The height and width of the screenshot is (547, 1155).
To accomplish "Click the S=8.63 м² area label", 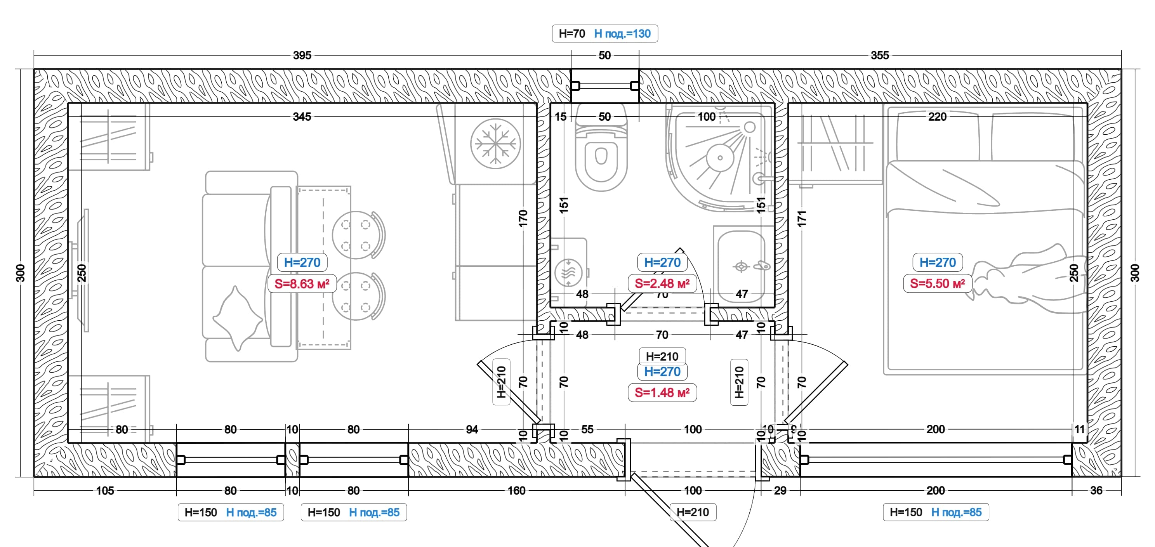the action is [x=302, y=284].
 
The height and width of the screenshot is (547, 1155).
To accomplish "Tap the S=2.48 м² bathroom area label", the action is [x=662, y=283].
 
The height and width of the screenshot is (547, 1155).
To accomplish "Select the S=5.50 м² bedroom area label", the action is [x=938, y=283].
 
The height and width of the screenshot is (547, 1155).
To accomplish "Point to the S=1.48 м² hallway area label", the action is [x=662, y=393].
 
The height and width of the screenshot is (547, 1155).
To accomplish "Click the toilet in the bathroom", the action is [x=601, y=148].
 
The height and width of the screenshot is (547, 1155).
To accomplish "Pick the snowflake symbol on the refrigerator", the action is [x=495, y=144].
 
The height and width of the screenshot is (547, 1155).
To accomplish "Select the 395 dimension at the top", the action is [x=302, y=55].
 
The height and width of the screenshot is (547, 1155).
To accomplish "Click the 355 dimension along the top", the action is [x=880, y=55].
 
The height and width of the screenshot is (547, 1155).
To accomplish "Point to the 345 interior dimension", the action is [x=302, y=116].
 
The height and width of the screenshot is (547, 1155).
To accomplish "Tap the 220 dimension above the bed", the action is [x=937, y=116].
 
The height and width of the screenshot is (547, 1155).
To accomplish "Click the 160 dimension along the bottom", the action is [x=516, y=490].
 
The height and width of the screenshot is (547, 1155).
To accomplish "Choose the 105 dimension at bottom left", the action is [x=105, y=490].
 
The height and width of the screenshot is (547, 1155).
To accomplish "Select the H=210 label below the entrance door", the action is [x=693, y=512].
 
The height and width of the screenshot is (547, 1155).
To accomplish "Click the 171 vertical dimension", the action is [x=802, y=218].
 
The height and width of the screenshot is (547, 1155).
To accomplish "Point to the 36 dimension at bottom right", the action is [x=1096, y=490].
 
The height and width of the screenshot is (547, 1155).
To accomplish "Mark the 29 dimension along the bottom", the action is [x=780, y=490].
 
